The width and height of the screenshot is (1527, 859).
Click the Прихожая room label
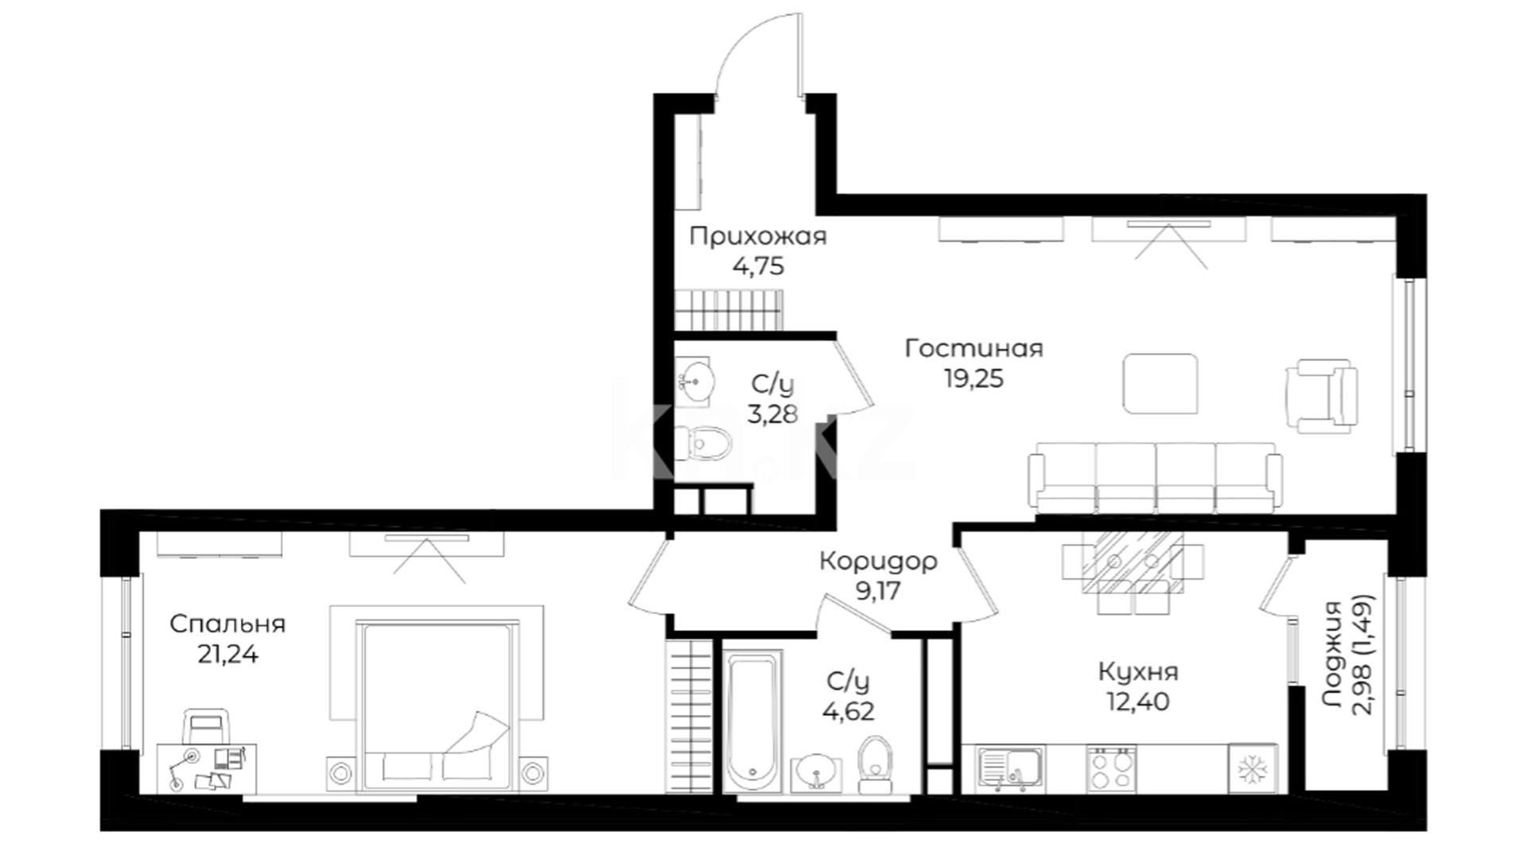click(x=758, y=237)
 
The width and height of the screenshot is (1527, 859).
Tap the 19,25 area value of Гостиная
click(x=974, y=379)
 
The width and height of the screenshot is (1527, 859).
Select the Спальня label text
click(x=227, y=624)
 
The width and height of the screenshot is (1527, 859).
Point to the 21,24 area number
click(x=227, y=655)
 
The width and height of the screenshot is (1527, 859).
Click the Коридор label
click(x=879, y=562)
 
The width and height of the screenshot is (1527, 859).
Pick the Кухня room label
click(x=1138, y=672)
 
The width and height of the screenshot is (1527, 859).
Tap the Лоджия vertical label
click(x=1333, y=654)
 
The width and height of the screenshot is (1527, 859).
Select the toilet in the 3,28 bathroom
click(x=702, y=442)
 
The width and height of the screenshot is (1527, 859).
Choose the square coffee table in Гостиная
click(x=1160, y=384)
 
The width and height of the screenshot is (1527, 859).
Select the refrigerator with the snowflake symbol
click(x=1253, y=769)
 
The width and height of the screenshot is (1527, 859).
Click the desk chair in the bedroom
click(x=207, y=726)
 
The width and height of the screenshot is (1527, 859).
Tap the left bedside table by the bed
click(x=340, y=772)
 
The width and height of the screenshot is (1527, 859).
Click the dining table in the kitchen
click(x=1133, y=562)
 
